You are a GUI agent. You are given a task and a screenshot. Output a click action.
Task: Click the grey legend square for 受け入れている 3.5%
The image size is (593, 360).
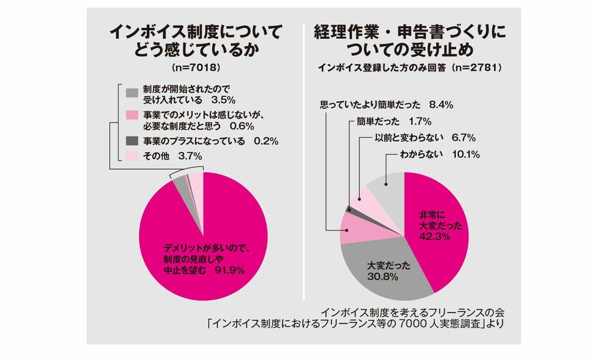coord(132,92)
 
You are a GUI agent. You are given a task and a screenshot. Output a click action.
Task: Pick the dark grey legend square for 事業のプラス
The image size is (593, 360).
coord(132,140)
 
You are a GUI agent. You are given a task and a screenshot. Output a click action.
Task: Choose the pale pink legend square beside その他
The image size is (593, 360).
coord(132,156)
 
